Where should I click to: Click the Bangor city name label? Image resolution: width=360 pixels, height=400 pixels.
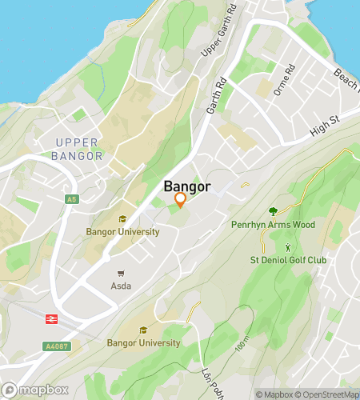(x=187, y=186)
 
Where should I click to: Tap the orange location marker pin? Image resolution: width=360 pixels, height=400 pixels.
(x=180, y=200)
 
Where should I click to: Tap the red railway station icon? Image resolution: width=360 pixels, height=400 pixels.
(x=50, y=318)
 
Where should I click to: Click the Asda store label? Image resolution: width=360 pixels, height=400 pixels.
(x=122, y=286)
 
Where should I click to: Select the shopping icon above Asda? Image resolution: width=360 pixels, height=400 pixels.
(x=122, y=273)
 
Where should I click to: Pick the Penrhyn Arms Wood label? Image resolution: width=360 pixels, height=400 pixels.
(x=274, y=225)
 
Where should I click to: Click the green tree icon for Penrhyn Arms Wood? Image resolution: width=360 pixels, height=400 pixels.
(x=274, y=211)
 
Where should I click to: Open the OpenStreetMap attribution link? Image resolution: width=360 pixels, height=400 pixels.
(x=329, y=394)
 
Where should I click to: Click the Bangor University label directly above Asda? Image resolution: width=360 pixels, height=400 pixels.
(x=122, y=232)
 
